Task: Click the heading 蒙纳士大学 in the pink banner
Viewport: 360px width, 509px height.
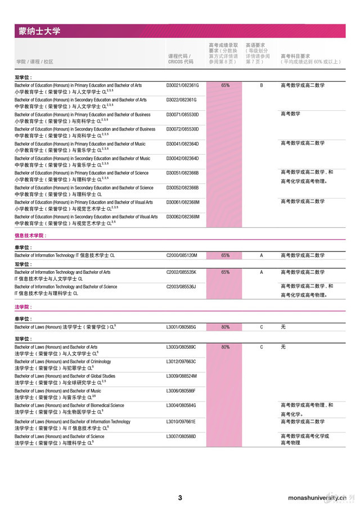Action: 38,31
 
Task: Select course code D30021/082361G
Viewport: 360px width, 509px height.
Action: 183,85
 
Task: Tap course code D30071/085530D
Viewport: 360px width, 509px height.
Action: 183,115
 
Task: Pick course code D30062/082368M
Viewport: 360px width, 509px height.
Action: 183,216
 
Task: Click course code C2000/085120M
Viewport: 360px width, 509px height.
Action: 182,255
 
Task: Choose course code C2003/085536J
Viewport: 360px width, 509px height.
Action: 181,287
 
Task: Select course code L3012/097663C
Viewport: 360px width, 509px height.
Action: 181,362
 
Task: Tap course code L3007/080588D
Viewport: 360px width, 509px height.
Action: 181,436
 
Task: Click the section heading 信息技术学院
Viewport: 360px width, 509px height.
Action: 30,236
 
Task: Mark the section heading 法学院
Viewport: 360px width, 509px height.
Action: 23,307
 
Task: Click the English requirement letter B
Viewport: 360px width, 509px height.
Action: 261,85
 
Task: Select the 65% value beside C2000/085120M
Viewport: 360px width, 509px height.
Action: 225,255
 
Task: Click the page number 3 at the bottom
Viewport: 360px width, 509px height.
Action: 180,497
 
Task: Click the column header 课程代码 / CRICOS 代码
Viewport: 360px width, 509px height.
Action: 181,59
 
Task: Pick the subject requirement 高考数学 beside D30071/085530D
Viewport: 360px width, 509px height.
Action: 290,114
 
